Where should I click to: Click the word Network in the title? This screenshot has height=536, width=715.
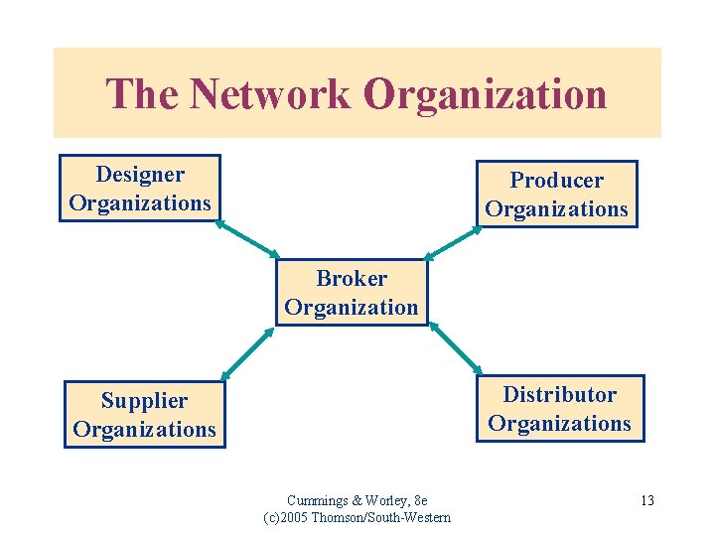click(269, 94)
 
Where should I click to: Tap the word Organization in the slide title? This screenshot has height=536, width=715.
click(485, 94)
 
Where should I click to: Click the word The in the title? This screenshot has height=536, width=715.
click(144, 94)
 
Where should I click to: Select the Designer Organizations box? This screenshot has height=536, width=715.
click(140, 189)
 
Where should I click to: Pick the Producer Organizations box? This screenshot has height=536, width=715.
click(556, 195)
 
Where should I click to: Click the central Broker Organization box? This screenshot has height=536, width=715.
click(352, 293)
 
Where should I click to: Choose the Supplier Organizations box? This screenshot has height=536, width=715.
click(144, 415)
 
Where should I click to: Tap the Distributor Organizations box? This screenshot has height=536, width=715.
click(559, 409)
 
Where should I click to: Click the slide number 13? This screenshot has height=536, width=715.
click(646, 500)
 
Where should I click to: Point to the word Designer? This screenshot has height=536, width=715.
click(140, 175)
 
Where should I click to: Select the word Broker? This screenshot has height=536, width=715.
click(352, 279)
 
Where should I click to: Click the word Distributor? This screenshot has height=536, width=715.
click(559, 395)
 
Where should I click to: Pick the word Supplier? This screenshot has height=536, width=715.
click(144, 401)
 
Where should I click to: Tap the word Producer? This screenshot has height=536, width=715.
click(556, 181)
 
